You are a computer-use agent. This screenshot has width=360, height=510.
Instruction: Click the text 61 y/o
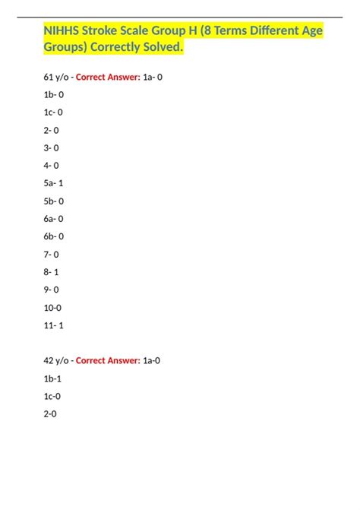pos(57,77)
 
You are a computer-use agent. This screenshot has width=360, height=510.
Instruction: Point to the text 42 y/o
pos(57,361)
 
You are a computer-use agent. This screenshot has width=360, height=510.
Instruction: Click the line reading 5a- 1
pos(53,183)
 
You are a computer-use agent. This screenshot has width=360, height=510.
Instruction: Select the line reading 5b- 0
pos(53,201)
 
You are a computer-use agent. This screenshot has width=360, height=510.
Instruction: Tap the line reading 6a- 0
pos(53,219)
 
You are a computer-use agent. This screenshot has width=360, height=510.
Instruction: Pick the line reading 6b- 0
pos(53,236)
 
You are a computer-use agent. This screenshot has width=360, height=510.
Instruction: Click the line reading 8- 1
pos(51,271)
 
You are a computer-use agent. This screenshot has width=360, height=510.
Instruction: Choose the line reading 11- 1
pos(53,325)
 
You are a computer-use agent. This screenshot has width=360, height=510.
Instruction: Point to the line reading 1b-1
pos(52,379)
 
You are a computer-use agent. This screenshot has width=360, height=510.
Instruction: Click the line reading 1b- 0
pos(53,95)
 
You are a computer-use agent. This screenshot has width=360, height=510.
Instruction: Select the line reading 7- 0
pos(51,255)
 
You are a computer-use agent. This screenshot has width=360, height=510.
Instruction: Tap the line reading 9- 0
pos(51,290)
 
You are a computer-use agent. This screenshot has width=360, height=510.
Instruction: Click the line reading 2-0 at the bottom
pos(49,414)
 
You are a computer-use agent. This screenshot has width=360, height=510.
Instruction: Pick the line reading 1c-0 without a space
pos(52,396)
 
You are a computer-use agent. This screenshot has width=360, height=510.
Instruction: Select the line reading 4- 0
pos(51,166)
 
